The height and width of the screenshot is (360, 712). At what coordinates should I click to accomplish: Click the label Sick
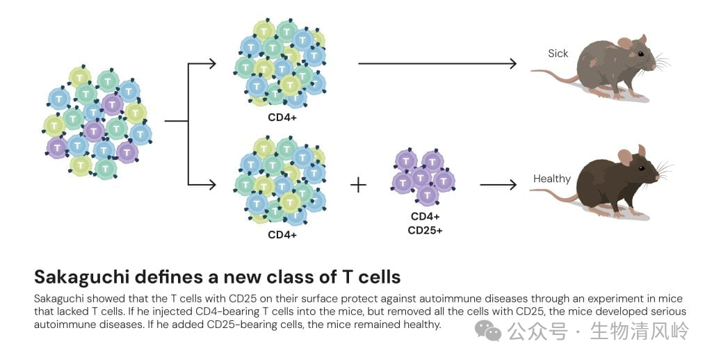pyautogui.click(x=558, y=54)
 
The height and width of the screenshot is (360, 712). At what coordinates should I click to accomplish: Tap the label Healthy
pyautogui.click(x=551, y=179)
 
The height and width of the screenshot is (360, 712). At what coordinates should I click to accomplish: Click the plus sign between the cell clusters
pyautogui.click(x=357, y=185)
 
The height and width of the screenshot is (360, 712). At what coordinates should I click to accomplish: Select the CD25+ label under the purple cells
pyautogui.click(x=425, y=230)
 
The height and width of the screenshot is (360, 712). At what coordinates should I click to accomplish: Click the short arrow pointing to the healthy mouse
pyautogui.click(x=499, y=185)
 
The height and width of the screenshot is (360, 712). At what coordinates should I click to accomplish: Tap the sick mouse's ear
pyautogui.click(x=624, y=43)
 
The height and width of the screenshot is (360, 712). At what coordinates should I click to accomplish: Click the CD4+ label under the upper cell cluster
pyautogui.click(x=282, y=117)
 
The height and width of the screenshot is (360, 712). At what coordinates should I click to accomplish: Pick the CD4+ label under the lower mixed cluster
pyautogui.click(x=282, y=234)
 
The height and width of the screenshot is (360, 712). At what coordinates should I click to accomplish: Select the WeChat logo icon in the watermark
pyautogui.click(x=492, y=332)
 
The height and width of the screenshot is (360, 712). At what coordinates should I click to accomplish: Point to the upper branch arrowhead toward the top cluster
pyautogui.click(x=211, y=65)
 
